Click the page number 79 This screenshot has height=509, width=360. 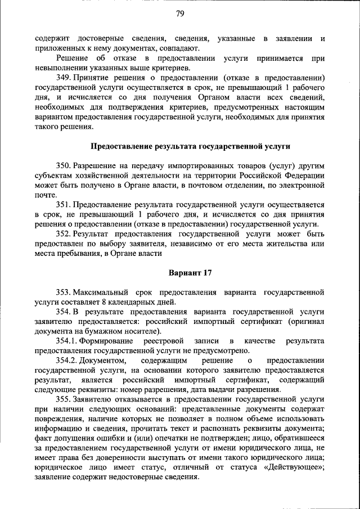(179, 13)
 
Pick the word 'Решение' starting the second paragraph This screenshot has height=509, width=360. (73, 58)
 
